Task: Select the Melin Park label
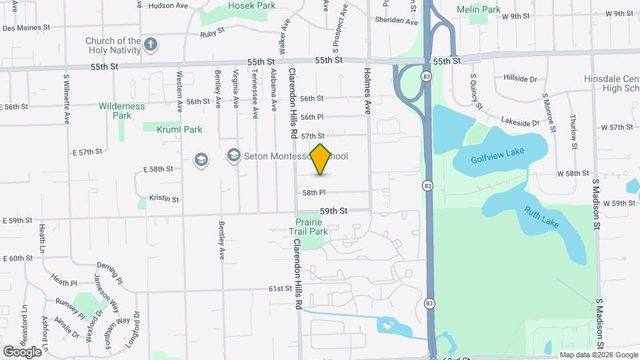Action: click(x=488, y=9)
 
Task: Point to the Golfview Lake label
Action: click(x=497, y=155)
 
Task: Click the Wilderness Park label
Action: click(x=122, y=111)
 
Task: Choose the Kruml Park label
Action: click(x=179, y=129)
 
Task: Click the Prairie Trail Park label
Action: click(x=308, y=227)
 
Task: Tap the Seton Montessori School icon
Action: click(x=233, y=156)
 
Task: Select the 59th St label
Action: click(x=333, y=211)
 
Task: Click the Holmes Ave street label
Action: click(x=367, y=90)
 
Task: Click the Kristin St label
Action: click(x=164, y=198)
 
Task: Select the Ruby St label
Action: click(x=212, y=31)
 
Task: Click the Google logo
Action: click(x=22, y=351)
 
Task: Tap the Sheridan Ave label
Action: click(x=397, y=21)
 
